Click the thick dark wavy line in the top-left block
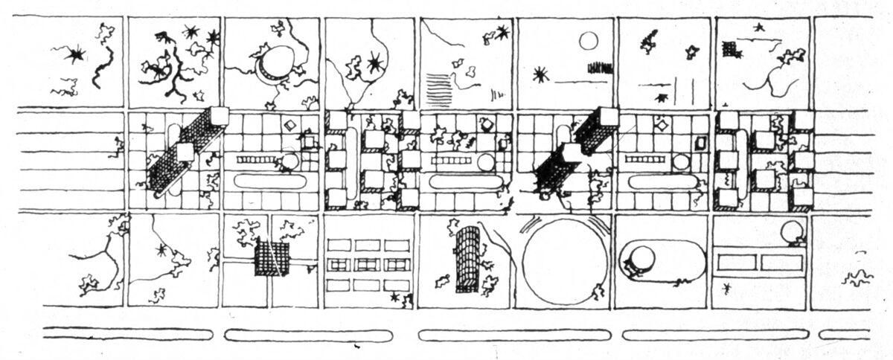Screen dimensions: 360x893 click(x=103, y=68)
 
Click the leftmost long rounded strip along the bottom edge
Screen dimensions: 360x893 click(x=127, y=335)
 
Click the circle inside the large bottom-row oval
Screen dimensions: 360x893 click(x=641, y=259)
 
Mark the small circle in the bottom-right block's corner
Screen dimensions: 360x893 click(x=792, y=234)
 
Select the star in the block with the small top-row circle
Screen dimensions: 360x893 click(x=540, y=74)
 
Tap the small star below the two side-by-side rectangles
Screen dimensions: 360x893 click(x=726, y=286)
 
